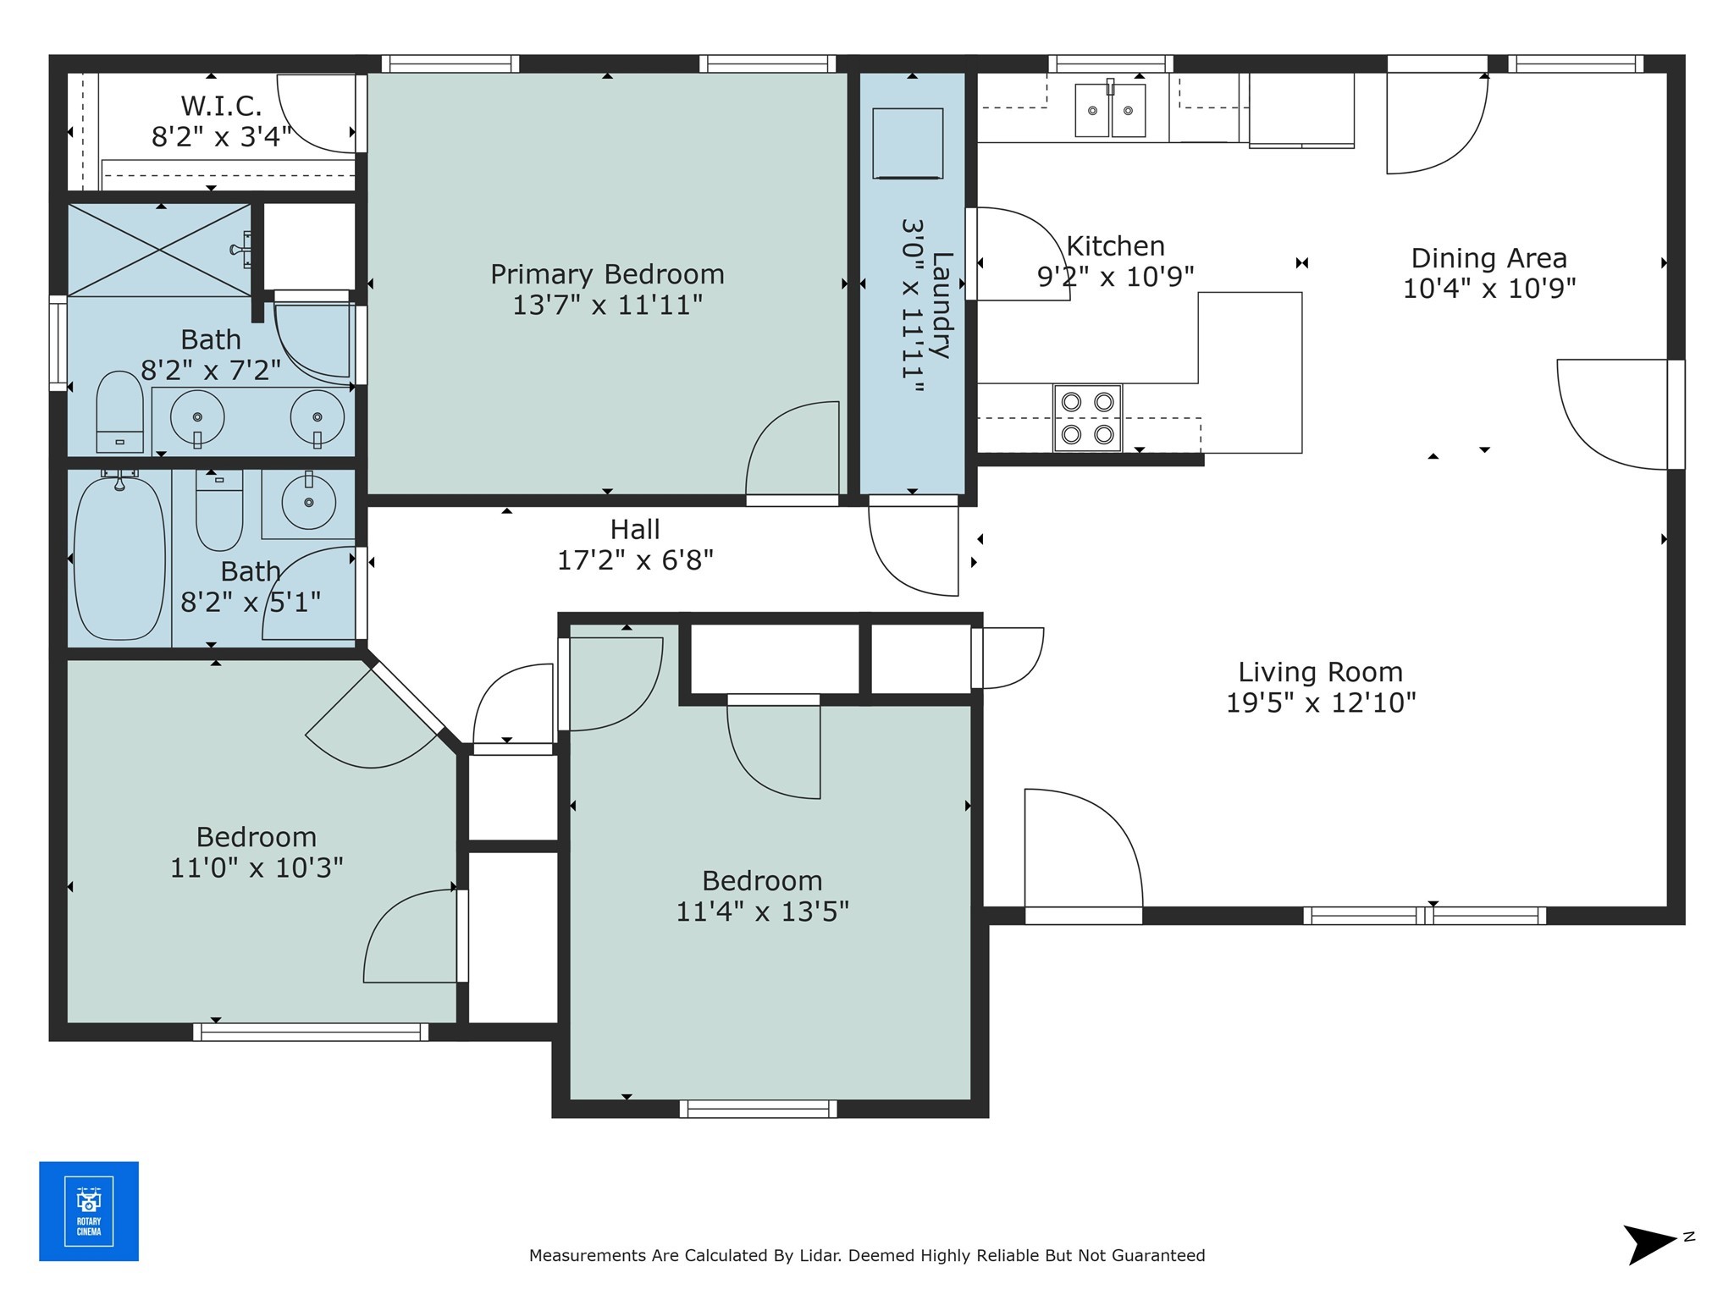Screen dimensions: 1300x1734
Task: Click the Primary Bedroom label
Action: click(x=607, y=274)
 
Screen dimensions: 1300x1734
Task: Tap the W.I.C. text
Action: click(x=221, y=107)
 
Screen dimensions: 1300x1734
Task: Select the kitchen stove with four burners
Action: click(x=1087, y=418)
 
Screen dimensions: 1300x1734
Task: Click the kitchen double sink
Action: click(x=1110, y=110)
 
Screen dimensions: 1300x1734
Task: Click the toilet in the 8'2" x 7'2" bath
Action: click(x=119, y=412)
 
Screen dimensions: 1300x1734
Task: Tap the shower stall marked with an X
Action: click(x=159, y=250)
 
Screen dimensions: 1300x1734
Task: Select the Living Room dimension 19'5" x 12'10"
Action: click(x=1320, y=702)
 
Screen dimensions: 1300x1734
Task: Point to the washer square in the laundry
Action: click(x=908, y=143)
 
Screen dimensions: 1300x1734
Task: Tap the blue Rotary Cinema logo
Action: click(x=89, y=1211)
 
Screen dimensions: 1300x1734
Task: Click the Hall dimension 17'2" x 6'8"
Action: click(x=635, y=560)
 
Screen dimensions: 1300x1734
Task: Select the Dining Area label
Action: click(x=1488, y=258)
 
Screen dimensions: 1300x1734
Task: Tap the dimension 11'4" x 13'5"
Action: click(x=762, y=912)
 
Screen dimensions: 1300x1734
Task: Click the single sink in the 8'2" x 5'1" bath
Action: click(x=308, y=503)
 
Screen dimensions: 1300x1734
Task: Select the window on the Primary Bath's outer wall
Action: click(x=58, y=343)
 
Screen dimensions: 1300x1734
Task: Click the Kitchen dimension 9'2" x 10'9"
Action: click(x=1115, y=277)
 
